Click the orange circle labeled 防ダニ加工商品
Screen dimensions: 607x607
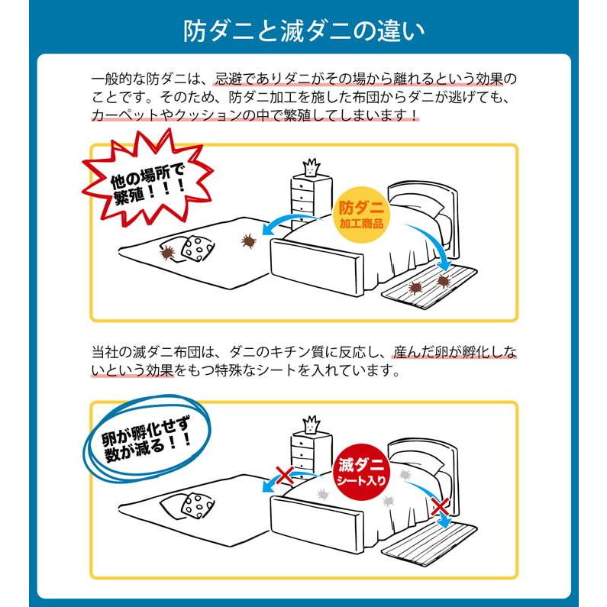[362, 215]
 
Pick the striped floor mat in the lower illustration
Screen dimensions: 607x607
[430, 539]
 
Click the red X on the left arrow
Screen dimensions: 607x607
[284, 476]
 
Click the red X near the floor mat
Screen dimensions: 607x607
[439, 505]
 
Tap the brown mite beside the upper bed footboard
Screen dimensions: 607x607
[248, 241]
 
